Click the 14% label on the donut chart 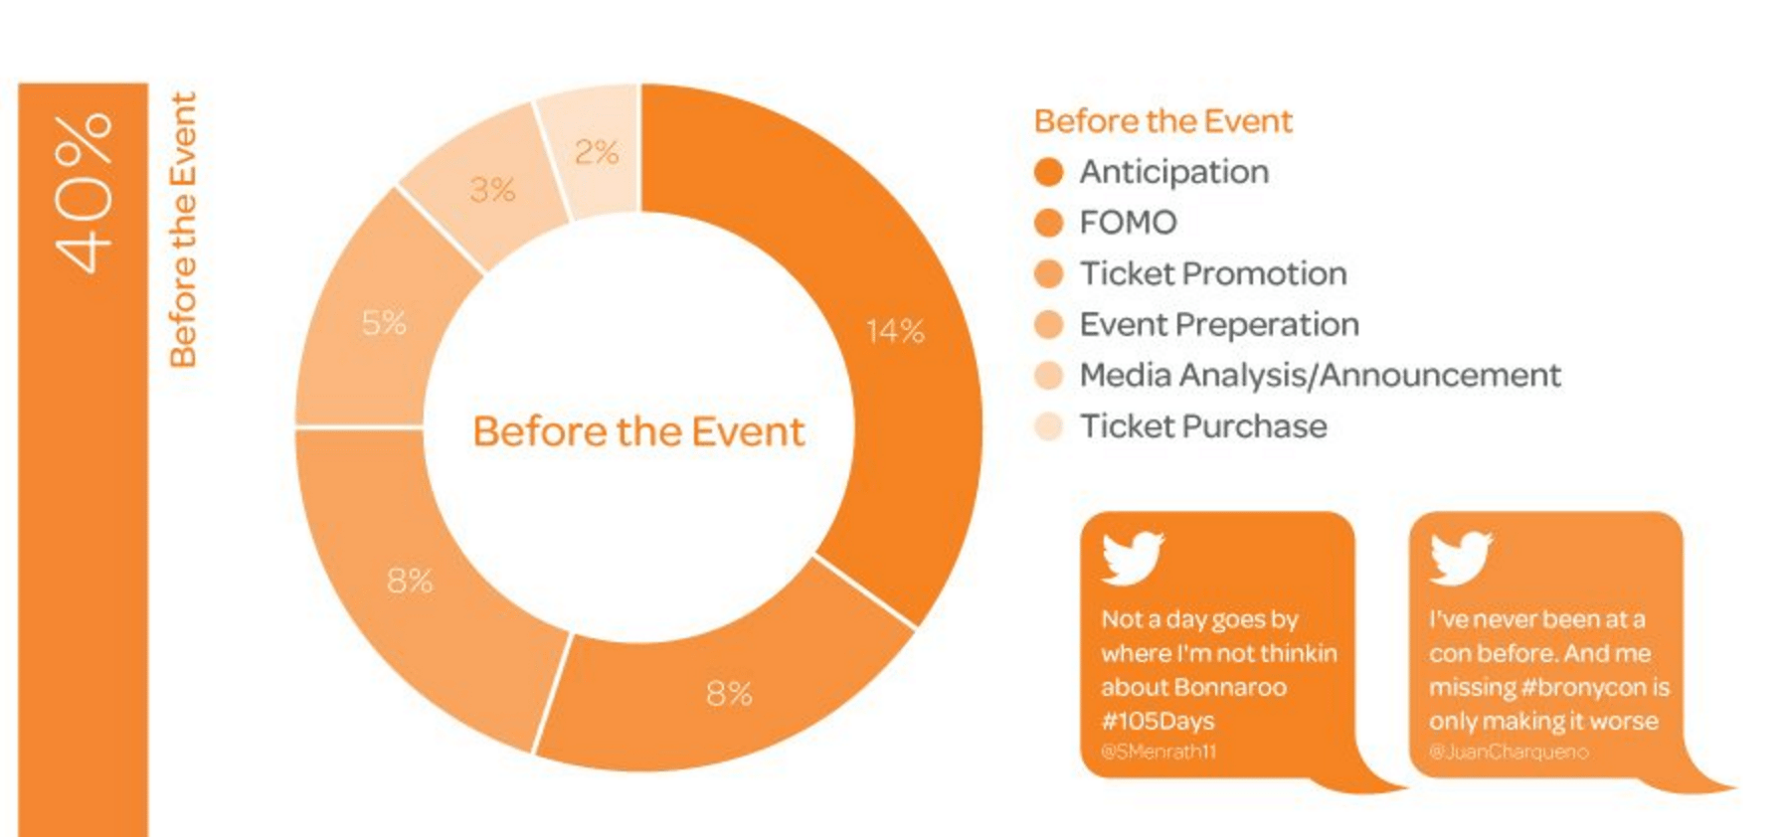tap(895, 331)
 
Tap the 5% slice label tap(384, 323)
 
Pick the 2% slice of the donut tap(596, 152)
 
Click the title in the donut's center tap(638, 432)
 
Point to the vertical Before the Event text tap(183, 230)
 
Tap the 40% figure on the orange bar tap(84, 193)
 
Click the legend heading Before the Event tap(1162, 121)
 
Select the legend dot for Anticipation tap(1048, 172)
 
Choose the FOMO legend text tap(1128, 223)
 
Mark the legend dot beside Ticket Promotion tap(1048, 273)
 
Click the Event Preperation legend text tap(1219, 325)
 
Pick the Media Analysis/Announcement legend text tap(1320, 376)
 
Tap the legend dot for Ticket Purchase tap(1048, 426)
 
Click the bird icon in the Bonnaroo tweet tap(1132, 557)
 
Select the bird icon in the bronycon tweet tap(1460, 557)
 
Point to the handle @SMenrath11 tap(1159, 753)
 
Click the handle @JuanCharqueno tap(1509, 753)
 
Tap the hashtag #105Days tap(1158, 721)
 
